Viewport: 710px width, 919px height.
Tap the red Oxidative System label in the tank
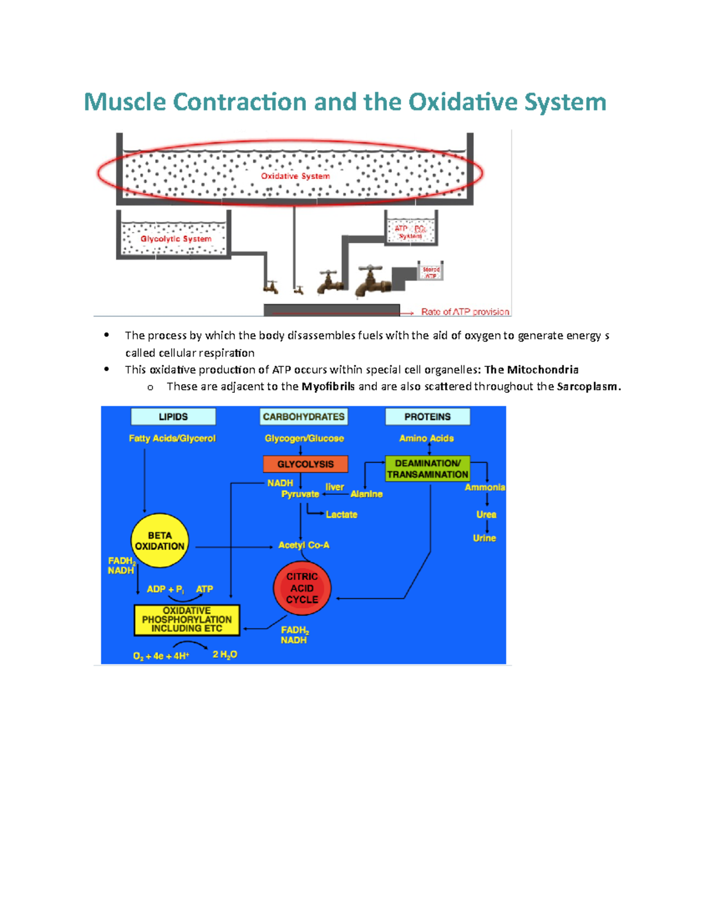pos(295,176)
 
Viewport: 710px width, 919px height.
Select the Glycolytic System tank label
pos(176,238)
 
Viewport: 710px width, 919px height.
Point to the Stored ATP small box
pos(431,272)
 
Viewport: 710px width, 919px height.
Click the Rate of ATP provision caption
pos(464,311)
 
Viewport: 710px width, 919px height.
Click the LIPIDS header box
pos(173,417)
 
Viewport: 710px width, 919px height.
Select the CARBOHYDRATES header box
pos(304,417)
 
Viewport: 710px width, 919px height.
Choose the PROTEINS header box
pos(427,417)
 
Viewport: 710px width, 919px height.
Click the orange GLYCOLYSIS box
pos(305,464)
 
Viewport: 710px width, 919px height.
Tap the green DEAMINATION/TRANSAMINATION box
pos(427,469)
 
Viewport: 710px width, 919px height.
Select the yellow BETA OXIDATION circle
pos(160,540)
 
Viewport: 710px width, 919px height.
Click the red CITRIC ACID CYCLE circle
pos(302,588)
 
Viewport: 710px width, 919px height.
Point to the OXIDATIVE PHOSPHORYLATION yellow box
pos(187,620)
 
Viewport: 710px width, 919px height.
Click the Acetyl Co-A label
pos(304,545)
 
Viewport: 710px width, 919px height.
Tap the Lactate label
pos(341,514)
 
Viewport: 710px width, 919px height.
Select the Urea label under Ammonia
pos(486,514)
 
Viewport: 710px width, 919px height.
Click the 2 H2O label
pos(225,654)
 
